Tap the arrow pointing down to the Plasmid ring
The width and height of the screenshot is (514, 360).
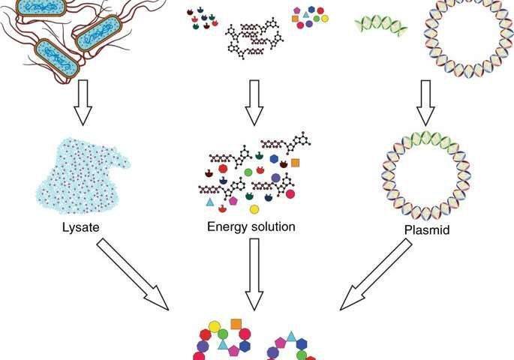[x=427, y=102]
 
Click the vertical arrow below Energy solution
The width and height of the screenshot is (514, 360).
[x=254, y=273]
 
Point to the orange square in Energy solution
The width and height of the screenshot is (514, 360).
[x=296, y=163]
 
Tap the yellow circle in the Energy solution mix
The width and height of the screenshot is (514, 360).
[x=254, y=208]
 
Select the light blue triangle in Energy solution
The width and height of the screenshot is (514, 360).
[x=210, y=202]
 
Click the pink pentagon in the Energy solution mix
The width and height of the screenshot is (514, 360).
[x=233, y=202]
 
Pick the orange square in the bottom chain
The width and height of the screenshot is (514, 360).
[x=235, y=324]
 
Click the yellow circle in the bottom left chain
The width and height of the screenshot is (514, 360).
[x=214, y=327]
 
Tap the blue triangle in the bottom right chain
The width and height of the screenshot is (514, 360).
[x=291, y=336]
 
